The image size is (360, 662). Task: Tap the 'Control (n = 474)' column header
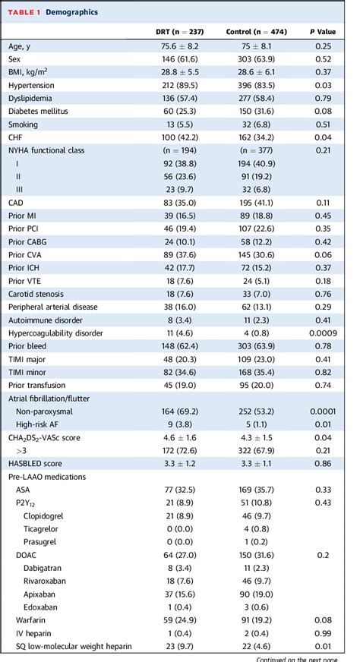pyautogui.click(x=254, y=32)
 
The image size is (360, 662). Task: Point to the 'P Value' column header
pyautogui.click(x=327, y=32)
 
